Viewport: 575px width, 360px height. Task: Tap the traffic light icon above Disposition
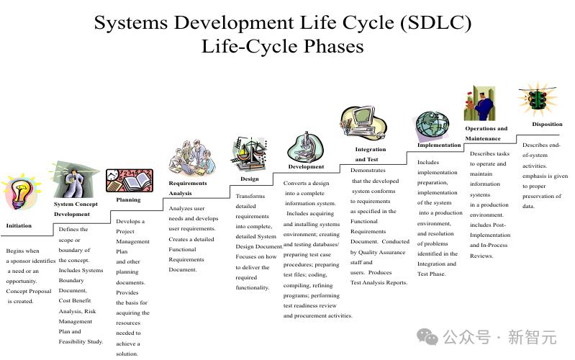tap(538, 99)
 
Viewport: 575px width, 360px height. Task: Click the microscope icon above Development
tap(306, 148)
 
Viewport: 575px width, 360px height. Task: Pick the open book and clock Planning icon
tap(129, 181)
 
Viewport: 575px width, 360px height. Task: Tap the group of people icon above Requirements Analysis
tap(192, 158)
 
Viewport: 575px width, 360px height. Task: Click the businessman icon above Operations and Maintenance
tap(479, 104)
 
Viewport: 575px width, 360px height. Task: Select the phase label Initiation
tap(19, 225)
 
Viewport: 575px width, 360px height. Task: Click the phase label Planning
tap(128, 199)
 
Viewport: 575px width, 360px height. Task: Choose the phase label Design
tap(250, 179)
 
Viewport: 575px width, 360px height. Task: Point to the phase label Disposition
tap(547, 124)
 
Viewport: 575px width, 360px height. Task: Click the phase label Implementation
tap(439, 145)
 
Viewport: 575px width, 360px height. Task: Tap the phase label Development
tap(306, 166)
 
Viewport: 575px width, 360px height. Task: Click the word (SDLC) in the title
tap(435, 23)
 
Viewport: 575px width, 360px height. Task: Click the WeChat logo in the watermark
tap(427, 337)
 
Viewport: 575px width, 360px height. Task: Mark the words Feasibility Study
tap(81, 342)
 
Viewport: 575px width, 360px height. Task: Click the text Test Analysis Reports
tap(379, 282)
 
